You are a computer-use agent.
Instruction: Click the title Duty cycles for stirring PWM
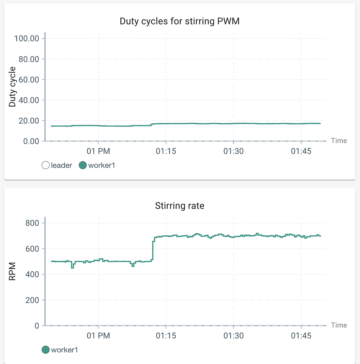tap(180, 21)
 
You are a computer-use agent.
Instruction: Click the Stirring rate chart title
tap(180, 205)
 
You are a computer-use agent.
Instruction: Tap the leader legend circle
tap(45, 165)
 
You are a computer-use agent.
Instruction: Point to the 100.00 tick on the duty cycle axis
tap(26, 38)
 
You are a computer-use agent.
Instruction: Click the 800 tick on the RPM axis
tap(33, 223)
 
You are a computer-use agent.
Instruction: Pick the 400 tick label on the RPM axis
tap(33, 274)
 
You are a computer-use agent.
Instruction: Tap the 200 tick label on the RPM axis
tap(33, 300)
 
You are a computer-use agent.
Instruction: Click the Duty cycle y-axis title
tap(12, 87)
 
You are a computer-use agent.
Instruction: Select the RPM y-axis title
tap(12, 272)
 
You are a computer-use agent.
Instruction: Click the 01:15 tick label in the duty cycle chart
tap(166, 151)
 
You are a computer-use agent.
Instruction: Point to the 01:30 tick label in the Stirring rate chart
tap(233, 336)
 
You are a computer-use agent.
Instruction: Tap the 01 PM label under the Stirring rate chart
tap(98, 336)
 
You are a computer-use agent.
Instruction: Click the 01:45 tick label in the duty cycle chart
tap(301, 151)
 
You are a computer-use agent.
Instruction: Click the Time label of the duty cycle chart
tap(339, 141)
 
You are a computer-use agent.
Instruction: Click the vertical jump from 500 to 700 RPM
tap(153, 251)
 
